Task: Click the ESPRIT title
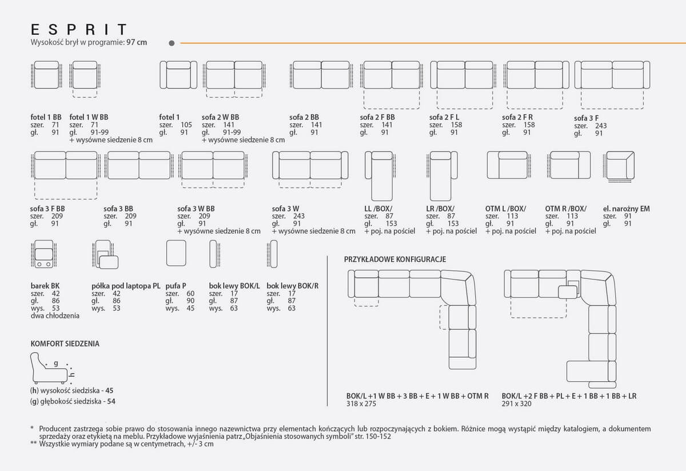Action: (79, 30)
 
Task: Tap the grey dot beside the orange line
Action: (172, 43)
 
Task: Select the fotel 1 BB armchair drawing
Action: (46, 75)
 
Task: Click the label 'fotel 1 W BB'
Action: (89, 117)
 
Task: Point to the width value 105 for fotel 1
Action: (186, 125)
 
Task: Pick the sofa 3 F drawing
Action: (612, 85)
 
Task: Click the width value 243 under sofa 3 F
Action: (601, 126)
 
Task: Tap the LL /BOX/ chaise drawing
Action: (380, 176)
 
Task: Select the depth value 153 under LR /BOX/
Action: (453, 223)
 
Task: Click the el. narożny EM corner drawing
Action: (619, 166)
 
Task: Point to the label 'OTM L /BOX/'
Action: (505, 209)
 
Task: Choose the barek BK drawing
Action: (44, 254)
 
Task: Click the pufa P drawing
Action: (176, 253)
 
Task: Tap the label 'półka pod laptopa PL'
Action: (126, 286)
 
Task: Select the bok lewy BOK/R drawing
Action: (272, 254)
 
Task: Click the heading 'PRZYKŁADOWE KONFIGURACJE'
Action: (395, 260)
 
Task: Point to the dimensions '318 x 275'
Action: (361, 404)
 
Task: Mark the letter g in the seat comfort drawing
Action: (56, 363)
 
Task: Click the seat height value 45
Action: (109, 390)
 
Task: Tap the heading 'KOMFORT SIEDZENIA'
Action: (65, 344)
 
